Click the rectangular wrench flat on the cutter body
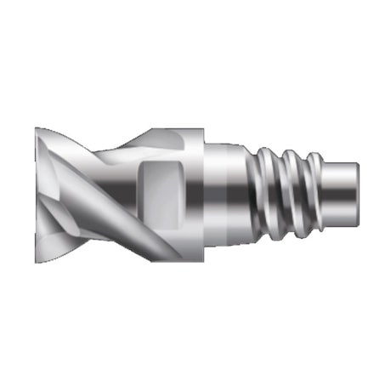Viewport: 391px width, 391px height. tap(157, 195)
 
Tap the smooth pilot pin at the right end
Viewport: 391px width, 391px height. tap(340, 195)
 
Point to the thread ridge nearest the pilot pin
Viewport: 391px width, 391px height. tap(311, 194)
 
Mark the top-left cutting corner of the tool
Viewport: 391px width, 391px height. tap(38, 130)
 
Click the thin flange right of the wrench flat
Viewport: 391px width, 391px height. tap(195, 195)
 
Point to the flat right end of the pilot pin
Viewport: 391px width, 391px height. tap(356, 195)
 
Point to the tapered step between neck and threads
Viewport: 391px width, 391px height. tap(252, 195)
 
